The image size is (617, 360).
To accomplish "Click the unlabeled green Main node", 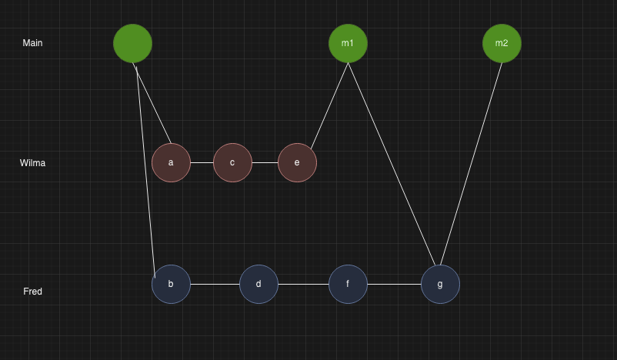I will point(132,44).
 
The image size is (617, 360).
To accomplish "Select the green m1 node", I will point(348,44).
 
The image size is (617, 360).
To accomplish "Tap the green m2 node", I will point(502,44).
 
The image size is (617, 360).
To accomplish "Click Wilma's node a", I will point(171,163).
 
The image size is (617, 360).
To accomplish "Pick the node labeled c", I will point(232,163).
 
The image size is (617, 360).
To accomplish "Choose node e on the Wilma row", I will point(297,163).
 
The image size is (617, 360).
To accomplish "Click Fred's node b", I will point(171,285).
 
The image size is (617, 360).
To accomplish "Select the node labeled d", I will point(258,285).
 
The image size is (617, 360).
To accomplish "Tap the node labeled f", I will point(348,285).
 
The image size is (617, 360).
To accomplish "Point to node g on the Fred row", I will point(440,285).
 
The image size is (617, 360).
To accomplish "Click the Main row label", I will point(32,43).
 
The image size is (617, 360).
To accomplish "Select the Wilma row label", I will point(32,163).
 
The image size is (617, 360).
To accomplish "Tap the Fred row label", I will point(32,292).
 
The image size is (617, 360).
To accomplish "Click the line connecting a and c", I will point(202,163).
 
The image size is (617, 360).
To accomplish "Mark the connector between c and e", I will point(265,163).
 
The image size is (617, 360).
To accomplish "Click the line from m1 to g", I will point(392,164).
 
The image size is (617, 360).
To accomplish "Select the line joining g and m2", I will point(470,164).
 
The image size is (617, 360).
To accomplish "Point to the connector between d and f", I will point(303,285).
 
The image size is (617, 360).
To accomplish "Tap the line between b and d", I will point(215,285).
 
